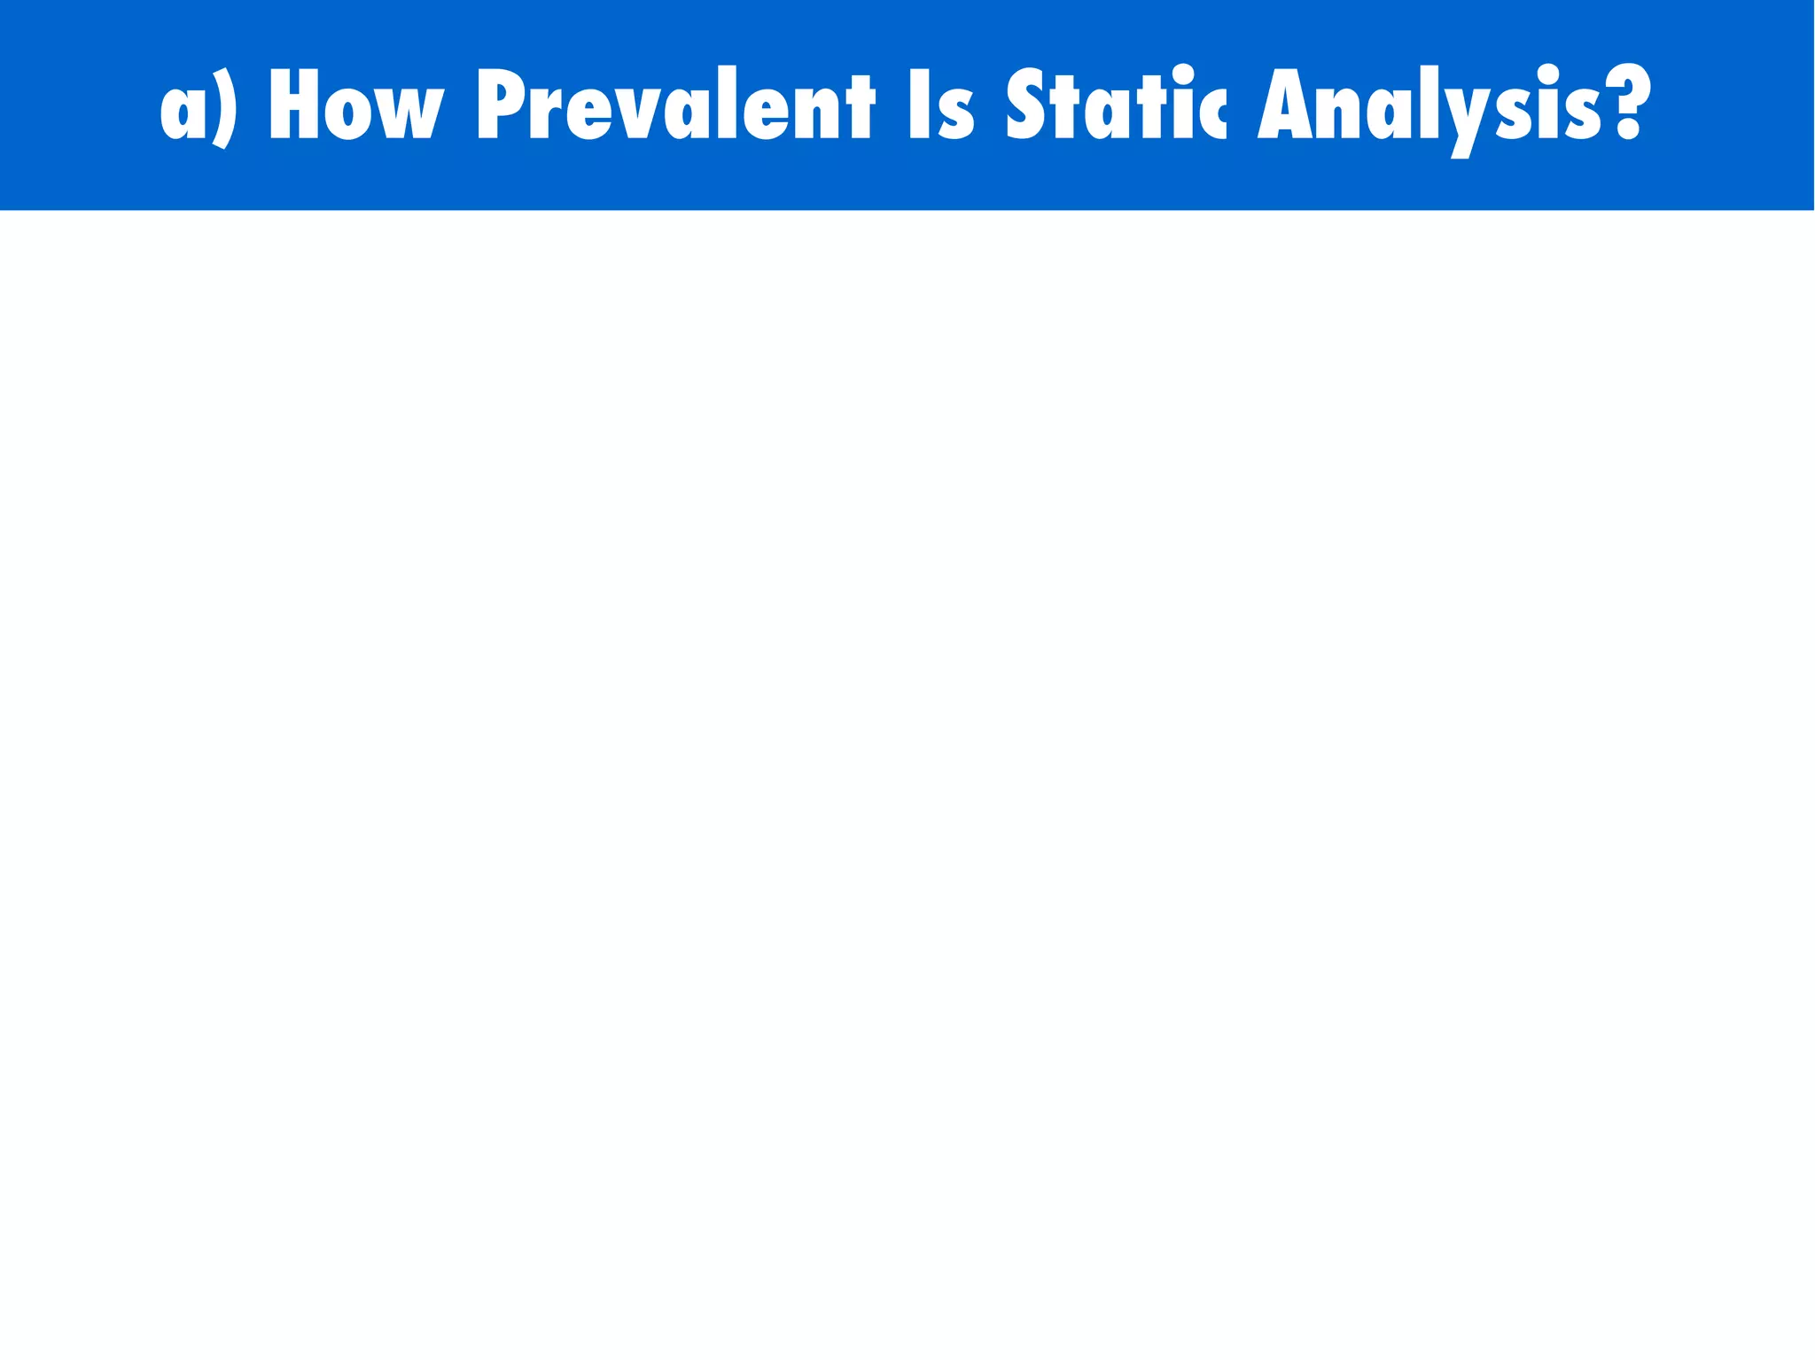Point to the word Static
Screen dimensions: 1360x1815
(1117, 105)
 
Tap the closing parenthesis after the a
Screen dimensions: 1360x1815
(225, 108)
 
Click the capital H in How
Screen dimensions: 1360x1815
(293, 105)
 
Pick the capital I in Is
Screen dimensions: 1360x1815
(920, 105)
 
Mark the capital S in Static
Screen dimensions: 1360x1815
(1025, 105)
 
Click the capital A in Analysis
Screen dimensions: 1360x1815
(1284, 105)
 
